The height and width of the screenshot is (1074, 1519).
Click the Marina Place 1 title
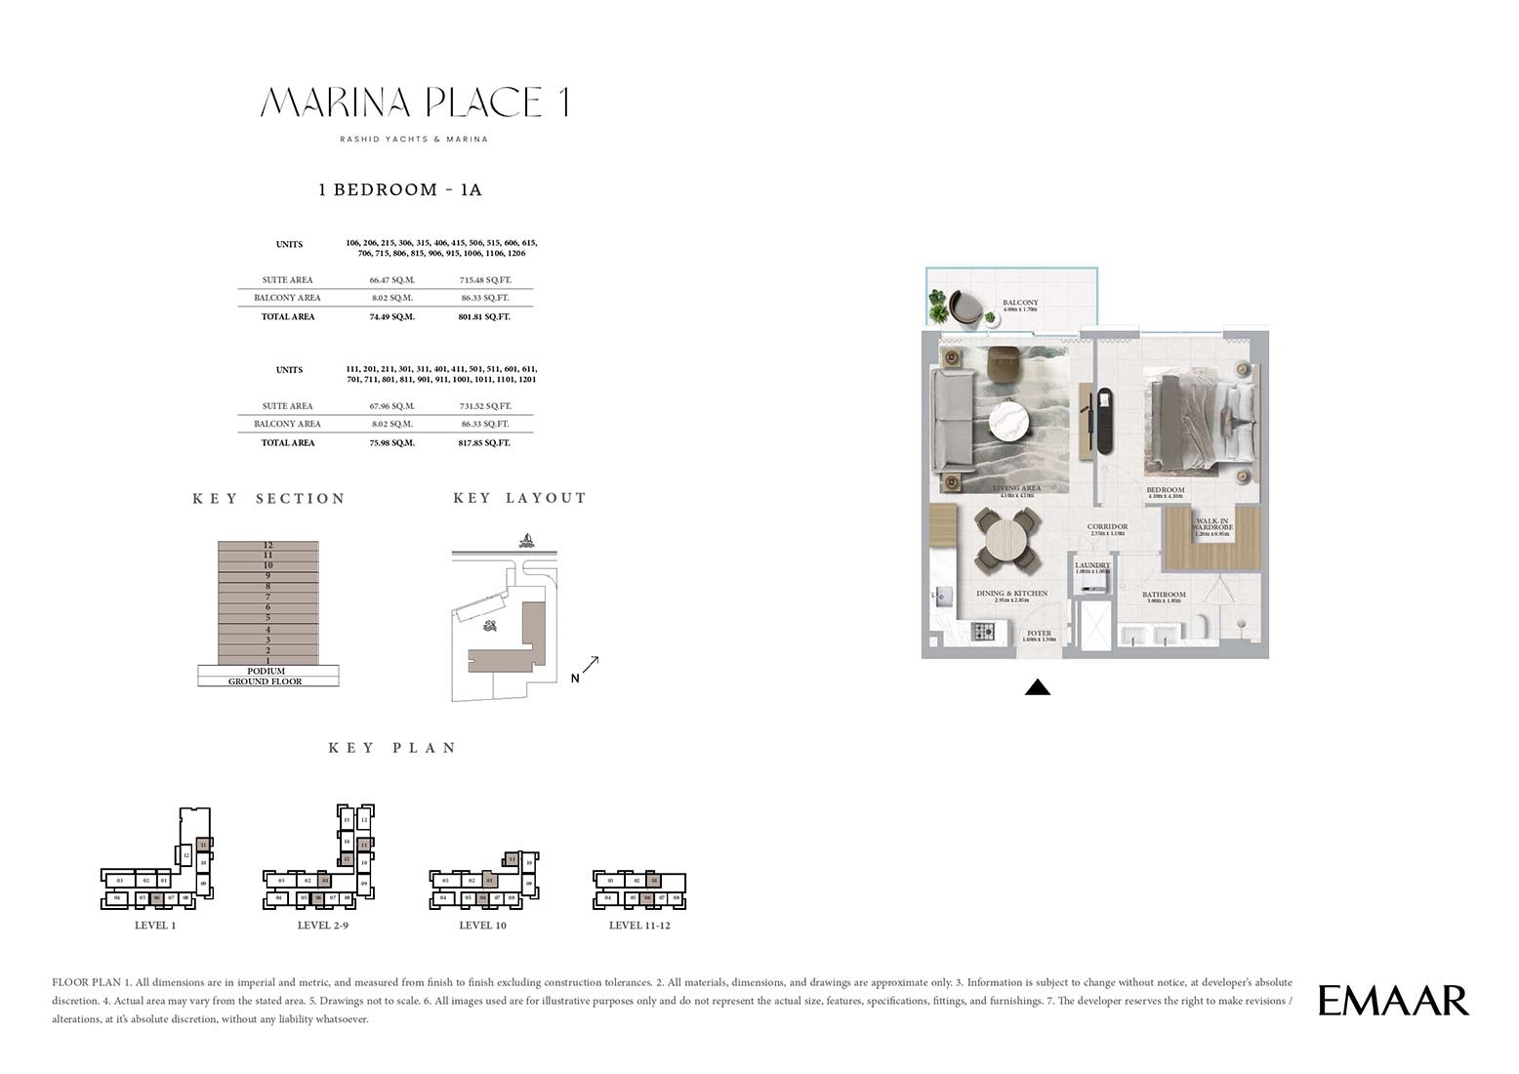pyautogui.click(x=415, y=103)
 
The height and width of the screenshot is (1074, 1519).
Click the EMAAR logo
pyautogui.click(x=1393, y=1001)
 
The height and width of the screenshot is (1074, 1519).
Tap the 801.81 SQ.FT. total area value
pyautogui.click(x=485, y=316)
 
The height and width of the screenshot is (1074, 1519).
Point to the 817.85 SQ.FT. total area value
pyautogui.click(x=485, y=442)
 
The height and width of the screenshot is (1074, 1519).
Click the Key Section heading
pyautogui.click(x=269, y=499)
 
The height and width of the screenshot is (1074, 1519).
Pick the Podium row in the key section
pyautogui.click(x=267, y=671)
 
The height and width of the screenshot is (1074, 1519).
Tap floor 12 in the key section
pyautogui.click(x=267, y=545)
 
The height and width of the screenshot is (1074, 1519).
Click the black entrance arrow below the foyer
pyautogui.click(x=1038, y=687)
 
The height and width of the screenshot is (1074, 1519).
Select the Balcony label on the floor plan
pyautogui.click(x=1020, y=304)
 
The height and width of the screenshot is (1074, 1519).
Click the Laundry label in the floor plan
pyautogui.click(x=1092, y=565)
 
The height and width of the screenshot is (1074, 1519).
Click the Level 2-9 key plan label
pyautogui.click(x=322, y=926)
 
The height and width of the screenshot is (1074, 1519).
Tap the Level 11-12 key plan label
pyautogui.click(x=639, y=926)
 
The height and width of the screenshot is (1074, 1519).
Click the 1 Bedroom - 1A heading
pyautogui.click(x=400, y=189)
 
